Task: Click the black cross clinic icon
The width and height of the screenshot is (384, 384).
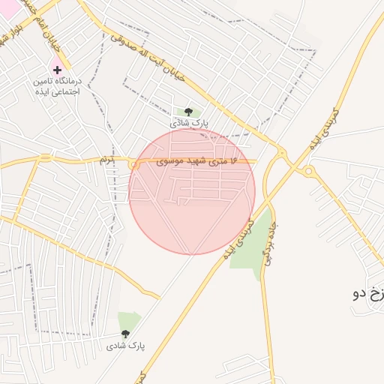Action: (58, 70)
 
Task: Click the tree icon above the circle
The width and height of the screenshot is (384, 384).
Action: (187, 112)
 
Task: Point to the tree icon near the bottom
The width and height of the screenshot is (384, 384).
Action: (124, 334)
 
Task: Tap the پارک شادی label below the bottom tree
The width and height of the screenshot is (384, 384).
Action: (125, 346)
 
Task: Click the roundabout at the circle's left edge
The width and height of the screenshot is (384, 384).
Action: (133, 163)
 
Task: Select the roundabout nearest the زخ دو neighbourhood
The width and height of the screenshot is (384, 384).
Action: (308, 171)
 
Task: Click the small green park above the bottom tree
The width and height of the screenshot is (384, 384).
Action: (128, 321)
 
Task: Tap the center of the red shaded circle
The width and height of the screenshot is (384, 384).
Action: (192, 192)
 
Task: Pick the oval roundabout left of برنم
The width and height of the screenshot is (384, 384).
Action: (46, 158)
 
